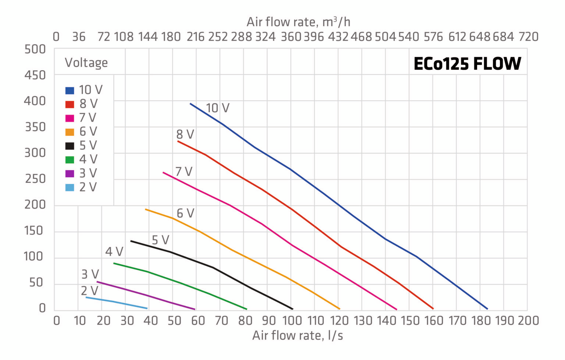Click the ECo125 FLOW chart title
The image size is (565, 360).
pos(467,64)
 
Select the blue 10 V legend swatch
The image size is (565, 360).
pos(69,91)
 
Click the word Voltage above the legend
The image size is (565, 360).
pos(86,63)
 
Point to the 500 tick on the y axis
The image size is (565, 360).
pos(35,49)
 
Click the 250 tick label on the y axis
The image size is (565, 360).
pos(35,179)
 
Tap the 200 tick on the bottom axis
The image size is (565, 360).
pos(528,321)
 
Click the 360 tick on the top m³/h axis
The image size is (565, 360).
pos(291,37)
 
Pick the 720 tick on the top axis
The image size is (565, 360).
pos(528,37)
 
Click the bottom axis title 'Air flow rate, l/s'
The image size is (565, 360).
pos(297,336)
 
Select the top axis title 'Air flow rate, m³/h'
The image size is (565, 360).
pos(298,22)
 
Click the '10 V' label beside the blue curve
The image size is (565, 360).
pos(217,108)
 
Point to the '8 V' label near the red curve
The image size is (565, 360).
pos(185,135)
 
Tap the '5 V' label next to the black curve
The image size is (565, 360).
pos(160,240)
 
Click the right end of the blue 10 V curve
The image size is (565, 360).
pos(487,309)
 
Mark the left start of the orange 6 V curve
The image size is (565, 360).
pos(146,209)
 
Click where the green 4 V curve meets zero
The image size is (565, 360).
pos(246,309)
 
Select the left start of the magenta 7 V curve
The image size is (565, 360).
pos(163,172)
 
